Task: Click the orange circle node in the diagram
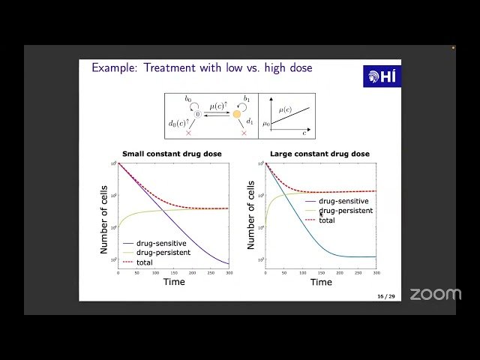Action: coord(237,114)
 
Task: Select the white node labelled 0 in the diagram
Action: coord(199,114)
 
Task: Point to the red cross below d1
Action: coord(244,133)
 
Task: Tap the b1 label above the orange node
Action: coord(246,99)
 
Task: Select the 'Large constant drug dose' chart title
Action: coord(320,154)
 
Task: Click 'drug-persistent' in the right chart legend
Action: coord(346,211)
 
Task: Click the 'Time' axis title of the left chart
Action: coord(173,282)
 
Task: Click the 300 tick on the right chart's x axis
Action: coord(376,272)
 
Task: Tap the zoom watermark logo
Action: coord(435,294)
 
